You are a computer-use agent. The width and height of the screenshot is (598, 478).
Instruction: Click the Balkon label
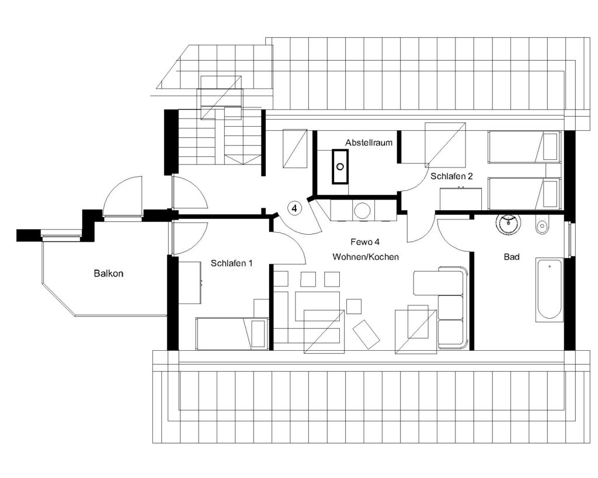109,273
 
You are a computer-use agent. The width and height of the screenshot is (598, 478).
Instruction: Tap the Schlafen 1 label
231,263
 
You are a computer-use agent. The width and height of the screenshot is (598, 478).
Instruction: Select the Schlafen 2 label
451,176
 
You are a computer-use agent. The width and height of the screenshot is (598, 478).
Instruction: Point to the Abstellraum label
369,142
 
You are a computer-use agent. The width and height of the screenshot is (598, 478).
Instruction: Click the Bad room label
512,257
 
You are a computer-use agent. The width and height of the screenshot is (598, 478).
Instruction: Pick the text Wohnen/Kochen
366,257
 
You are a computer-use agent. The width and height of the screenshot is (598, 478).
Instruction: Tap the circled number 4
294,208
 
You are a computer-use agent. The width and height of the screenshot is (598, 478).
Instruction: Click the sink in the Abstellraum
340,166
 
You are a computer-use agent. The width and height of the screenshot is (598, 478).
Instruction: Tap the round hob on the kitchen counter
361,210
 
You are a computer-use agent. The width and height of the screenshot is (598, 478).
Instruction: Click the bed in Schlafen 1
232,333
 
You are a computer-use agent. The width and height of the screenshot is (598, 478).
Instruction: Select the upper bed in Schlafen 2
524,147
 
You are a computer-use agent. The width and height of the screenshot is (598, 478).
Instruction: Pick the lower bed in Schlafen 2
524,194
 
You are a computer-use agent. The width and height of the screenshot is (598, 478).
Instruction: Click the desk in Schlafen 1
190,282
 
